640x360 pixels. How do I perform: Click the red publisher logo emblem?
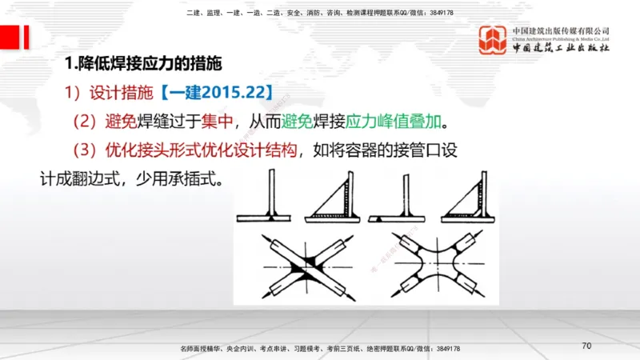click(494, 39)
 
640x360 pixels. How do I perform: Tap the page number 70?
click(586, 346)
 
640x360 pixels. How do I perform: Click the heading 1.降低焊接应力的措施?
click(142, 63)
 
